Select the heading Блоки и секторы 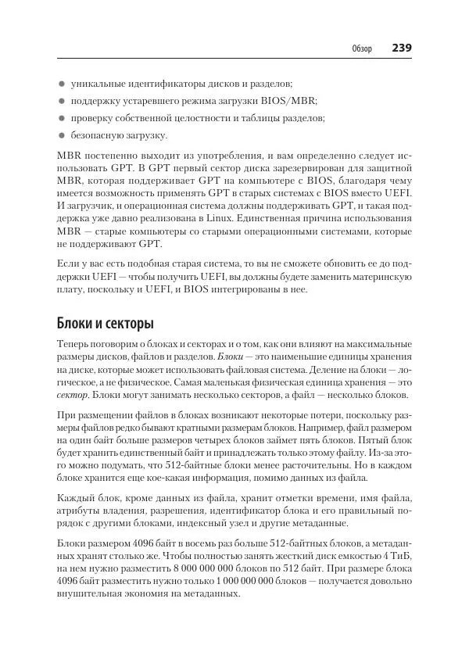tap(106, 322)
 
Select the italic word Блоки tap(232, 357)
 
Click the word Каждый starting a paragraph tap(75, 500)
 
